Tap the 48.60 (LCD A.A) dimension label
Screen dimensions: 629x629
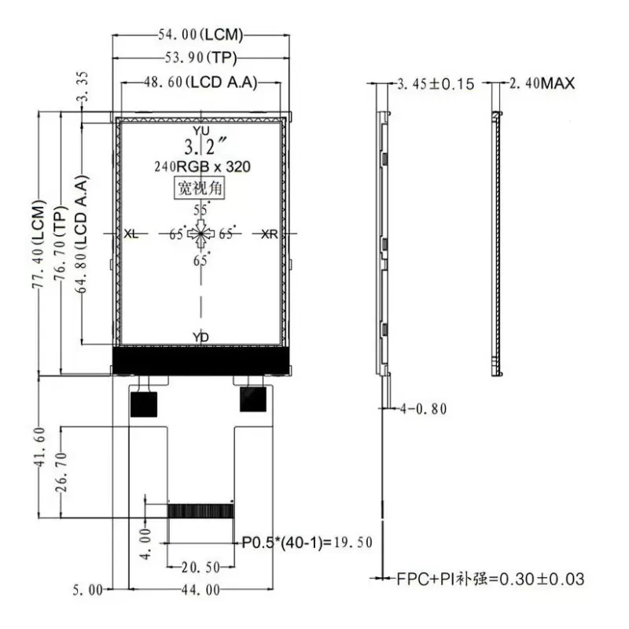(200, 83)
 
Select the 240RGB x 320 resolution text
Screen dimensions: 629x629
(200, 167)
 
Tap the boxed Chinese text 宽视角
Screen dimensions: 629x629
(201, 189)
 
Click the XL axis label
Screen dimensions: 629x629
(131, 234)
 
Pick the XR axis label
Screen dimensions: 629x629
(269, 234)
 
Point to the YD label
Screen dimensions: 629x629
(201, 337)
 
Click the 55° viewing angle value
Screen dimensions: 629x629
(200, 210)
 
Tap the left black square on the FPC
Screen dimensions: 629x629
(143, 404)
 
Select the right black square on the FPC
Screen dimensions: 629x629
(253, 399)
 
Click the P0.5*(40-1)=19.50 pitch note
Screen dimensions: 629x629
(307, 543)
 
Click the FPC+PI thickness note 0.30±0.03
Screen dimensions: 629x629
(491, 579)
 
